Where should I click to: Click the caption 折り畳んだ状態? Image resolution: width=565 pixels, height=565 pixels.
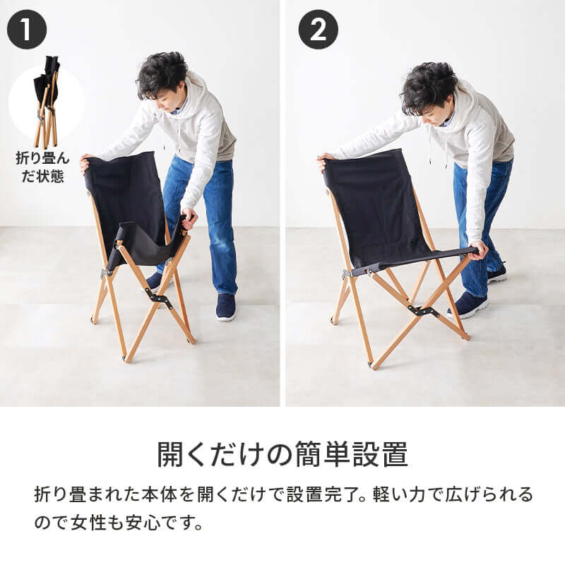click(40, 166)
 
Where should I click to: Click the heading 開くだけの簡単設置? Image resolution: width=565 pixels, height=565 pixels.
click(282, 454)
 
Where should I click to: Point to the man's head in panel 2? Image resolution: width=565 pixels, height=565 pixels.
click(428, 90)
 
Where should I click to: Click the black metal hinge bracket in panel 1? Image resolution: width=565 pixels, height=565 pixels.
click(160, 300)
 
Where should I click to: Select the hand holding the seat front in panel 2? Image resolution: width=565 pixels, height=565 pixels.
click(480, 249)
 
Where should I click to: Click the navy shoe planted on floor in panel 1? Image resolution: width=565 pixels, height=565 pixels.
click(225, 308)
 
